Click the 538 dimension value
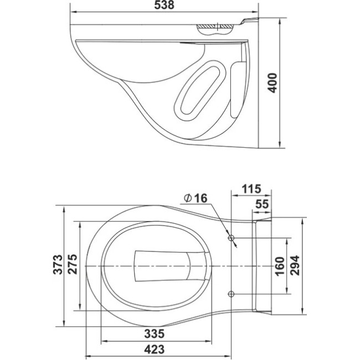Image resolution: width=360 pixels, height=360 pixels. [164, 5]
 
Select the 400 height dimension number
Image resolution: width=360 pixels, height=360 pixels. [273, 83]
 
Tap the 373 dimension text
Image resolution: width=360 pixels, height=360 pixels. [58, 264]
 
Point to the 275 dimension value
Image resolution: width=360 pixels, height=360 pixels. [73, 264]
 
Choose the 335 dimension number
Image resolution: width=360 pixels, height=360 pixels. [155, 333]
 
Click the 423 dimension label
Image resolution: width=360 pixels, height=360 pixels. [155, 349]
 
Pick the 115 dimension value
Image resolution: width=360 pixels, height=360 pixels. [251, 189]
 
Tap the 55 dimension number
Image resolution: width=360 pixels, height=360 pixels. [262, 204]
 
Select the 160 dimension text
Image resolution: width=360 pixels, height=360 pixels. [280, 266]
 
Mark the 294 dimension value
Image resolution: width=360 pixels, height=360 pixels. [295, 265]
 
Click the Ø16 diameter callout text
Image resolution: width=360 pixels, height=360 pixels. [196, 198]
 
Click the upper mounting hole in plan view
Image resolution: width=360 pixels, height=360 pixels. [231, 238]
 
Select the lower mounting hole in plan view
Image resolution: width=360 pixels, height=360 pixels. [231, 294]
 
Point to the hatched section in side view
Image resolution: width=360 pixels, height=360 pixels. [215, 26]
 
